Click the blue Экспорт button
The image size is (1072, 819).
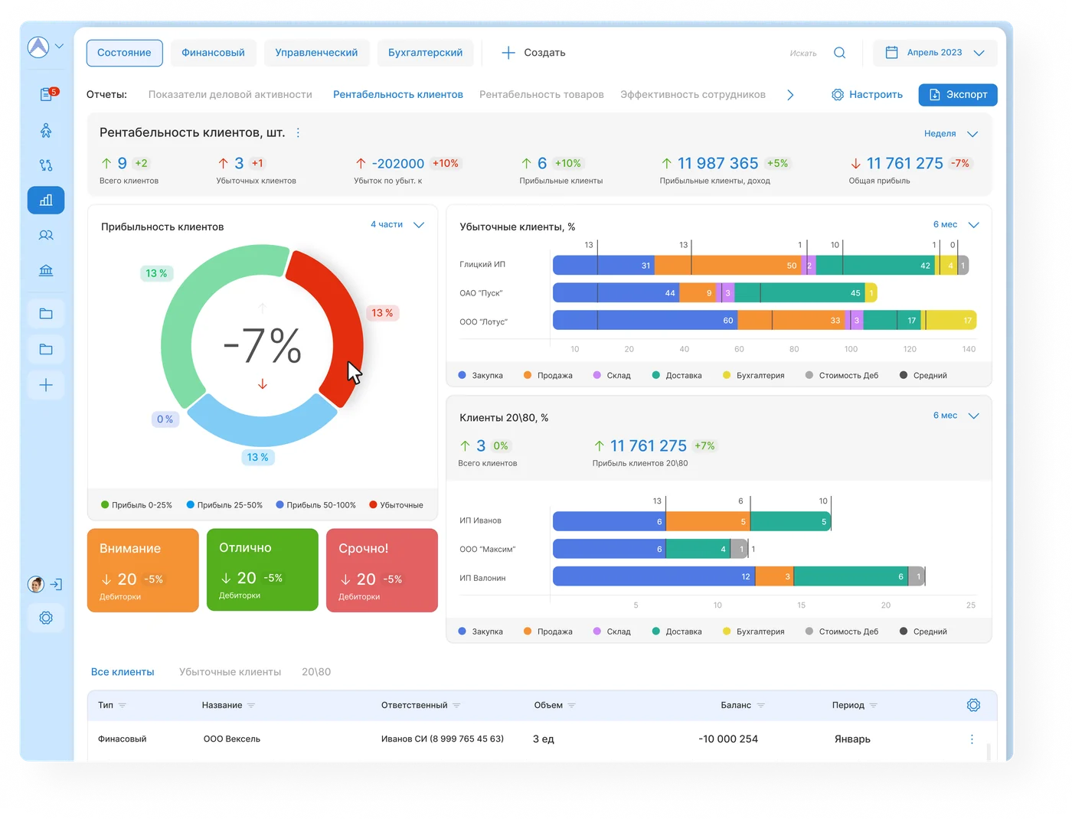957,95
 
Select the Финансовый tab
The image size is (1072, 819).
213,53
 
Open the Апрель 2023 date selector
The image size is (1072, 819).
934,53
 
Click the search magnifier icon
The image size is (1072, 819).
839,53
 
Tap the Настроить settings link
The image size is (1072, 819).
867,95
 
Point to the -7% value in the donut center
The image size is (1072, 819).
263,345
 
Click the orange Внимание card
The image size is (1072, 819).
142,570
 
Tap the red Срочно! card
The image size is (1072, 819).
382,570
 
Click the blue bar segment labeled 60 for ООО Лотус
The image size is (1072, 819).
645,321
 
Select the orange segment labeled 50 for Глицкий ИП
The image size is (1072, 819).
727,266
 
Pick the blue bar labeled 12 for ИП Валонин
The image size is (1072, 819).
654,576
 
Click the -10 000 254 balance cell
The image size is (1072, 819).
728,739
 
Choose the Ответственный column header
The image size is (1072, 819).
414,705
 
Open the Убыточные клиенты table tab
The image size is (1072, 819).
230,672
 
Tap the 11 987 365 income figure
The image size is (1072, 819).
717,164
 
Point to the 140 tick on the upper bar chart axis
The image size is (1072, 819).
969,350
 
